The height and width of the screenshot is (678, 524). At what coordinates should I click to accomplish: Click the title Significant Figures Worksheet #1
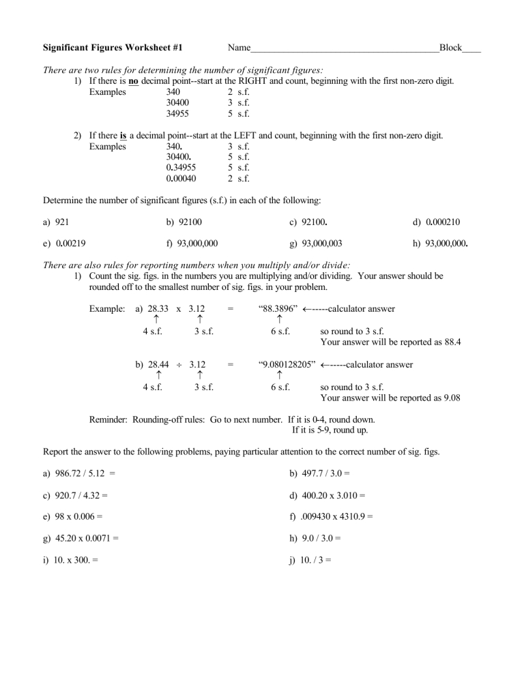click(x=117, y=48)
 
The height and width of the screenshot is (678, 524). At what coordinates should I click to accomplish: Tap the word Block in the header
click(x=450, y=48)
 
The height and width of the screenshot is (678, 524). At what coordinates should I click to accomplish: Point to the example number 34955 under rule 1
click(x=178, y=114)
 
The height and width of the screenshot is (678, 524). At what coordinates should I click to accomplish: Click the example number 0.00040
click(x=181, y=179)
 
